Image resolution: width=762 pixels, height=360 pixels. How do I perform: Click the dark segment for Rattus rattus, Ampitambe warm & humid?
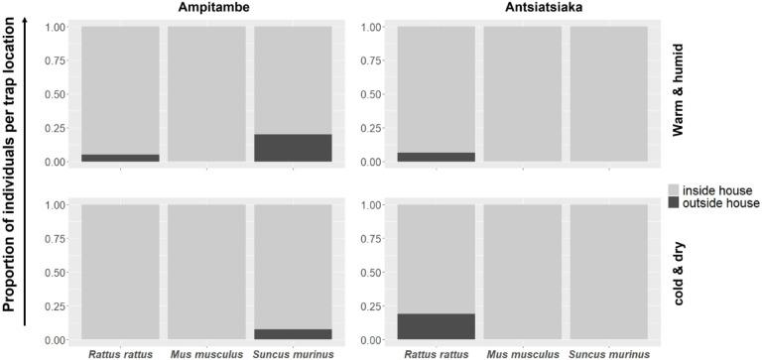[120, 158]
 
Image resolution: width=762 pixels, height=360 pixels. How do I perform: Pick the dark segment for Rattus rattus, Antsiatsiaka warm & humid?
[436, 157]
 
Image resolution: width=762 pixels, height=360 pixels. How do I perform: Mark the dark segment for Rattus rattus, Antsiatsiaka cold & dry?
[436, 326]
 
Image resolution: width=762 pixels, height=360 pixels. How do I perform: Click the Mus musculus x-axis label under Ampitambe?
[206, 351]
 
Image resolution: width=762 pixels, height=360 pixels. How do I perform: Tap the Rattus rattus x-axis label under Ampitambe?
[120, 351]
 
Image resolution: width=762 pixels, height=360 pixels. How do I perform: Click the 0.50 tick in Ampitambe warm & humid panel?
[58, 93]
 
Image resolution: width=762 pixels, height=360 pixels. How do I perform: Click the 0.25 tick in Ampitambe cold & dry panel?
[58, 305]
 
